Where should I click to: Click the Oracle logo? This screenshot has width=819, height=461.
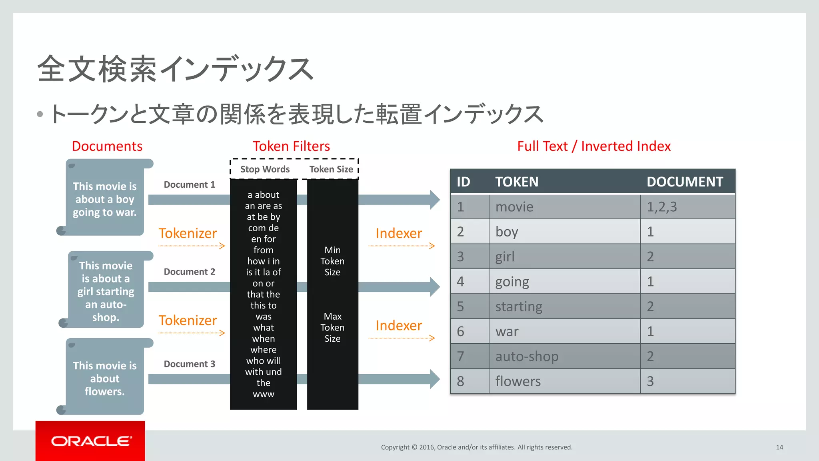click(x=90, y=441)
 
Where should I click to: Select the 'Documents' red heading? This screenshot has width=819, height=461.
click(x=107, y=146)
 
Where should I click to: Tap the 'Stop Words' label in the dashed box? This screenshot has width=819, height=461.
click(x=265, y=169)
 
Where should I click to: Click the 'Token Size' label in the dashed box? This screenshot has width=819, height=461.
click(x=331, y=169)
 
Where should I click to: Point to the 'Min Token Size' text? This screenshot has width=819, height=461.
click(x=332, y=261)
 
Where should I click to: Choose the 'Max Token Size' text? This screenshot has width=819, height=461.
click(x=332, y=327)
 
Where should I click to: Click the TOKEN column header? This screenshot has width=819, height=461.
click(x=517, y=182)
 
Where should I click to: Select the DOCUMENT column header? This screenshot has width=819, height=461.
click(x=685, y=182)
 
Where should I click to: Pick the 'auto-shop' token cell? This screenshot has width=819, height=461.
click(x=527, y=356)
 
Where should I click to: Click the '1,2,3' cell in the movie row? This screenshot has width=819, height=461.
click(x=662, y=207)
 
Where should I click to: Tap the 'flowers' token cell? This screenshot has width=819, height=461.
click(x=518, y=381)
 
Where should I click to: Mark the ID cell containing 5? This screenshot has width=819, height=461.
click(x=461, y=307)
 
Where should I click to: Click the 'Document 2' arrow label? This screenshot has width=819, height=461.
click(x=189, y=272)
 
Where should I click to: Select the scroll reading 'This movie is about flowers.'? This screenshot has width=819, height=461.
click(x=105, y=378)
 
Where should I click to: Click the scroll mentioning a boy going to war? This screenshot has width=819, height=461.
click(x=105, y=199)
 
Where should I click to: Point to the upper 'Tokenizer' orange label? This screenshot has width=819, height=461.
click(x=188, y=233)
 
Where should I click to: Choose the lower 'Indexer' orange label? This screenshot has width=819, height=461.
click(x=399, y=325)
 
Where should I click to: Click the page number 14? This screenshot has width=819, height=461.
click(x=779, y=447)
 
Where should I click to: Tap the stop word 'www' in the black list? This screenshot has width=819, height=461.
click(x=264, y=394)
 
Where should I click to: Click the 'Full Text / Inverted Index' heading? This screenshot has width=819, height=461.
click(x=594, y=146)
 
